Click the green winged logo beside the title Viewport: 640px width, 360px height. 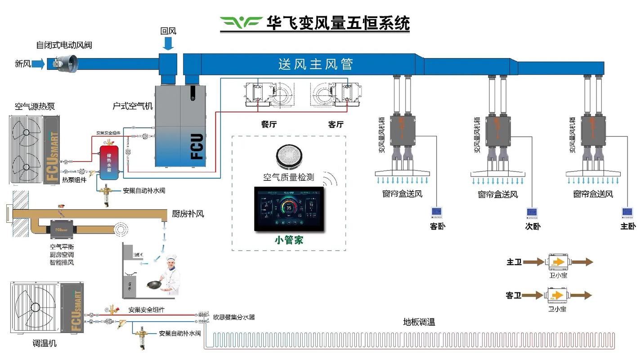[x=241, y=22]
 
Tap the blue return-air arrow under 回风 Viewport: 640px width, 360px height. [x=168, y=44]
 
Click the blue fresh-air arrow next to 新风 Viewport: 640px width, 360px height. [x=39, y=64]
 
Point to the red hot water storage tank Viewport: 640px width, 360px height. [x=108, y=162]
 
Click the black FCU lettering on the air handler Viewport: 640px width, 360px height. [x=197, y=146]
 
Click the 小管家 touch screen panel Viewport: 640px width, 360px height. [x=289, y=208]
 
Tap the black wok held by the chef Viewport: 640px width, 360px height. [x=155, y=285]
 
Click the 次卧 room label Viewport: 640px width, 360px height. [x=533, y=226]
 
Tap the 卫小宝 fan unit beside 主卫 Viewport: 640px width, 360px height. [x=558, y=261]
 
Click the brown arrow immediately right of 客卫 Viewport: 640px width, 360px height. [x=533, y=295]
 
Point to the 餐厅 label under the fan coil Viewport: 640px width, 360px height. [x=269, y=125]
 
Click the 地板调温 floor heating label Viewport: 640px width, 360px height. [x=419, y=322]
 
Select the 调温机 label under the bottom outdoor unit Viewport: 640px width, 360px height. [x=45, y=343]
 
